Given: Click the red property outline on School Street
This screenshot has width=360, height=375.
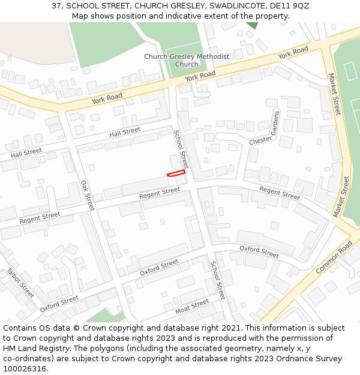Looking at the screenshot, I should click(x=176, y=173).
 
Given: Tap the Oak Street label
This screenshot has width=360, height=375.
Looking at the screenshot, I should click(x=88, y=195).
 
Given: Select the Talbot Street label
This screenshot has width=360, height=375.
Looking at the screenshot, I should click(x=20, y=283).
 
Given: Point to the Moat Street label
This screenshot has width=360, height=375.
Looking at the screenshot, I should click(x=192, y=307).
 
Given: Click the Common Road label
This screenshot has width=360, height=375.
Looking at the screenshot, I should click(x=335, y=257).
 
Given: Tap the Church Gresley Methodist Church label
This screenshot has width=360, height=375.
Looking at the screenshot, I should click(x=187, y=61).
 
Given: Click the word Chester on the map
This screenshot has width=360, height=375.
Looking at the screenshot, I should click(x=260, y=140).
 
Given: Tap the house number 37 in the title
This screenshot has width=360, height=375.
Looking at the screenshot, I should click(x=56, y=5).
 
